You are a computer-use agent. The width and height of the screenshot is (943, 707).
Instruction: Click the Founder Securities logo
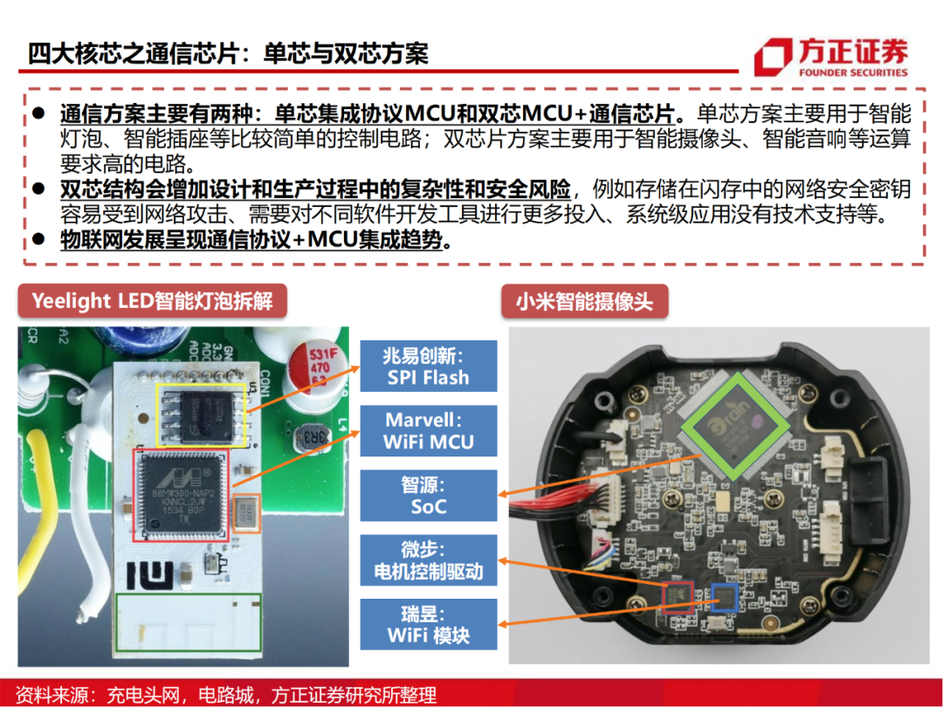830,58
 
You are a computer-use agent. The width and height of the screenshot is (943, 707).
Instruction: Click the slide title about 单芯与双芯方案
228,52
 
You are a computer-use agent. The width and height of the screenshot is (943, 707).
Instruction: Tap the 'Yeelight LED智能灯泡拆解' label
152,301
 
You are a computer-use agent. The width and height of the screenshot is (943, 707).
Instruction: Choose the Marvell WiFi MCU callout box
428,431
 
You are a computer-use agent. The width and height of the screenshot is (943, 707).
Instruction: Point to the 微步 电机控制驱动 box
428,561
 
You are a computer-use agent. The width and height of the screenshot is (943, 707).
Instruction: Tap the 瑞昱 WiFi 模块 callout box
428,623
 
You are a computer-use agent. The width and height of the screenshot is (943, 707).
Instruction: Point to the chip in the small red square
678,596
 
